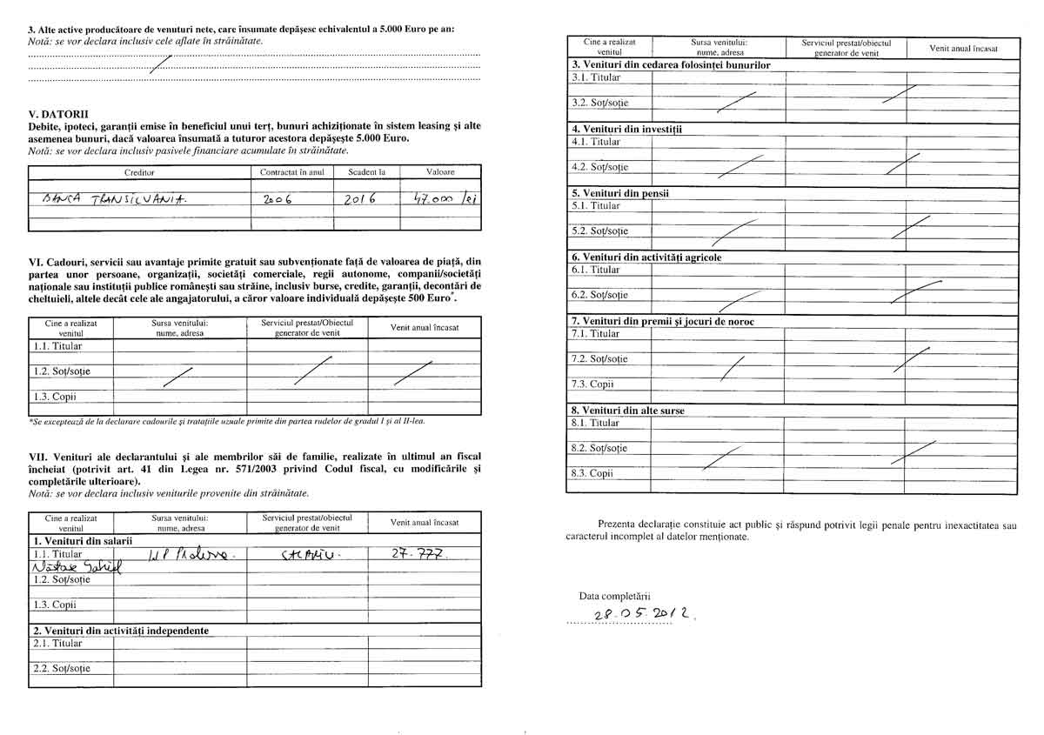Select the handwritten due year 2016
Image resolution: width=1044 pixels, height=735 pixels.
click(x=358, y=198)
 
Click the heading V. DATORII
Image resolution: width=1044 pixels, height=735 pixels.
click(x=58, y=114)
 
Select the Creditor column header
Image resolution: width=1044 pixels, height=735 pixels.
click(x=139, y=172)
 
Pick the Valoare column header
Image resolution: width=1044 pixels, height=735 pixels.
click(x=440, y=172)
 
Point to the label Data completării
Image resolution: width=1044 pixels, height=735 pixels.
click(x=615, y=596)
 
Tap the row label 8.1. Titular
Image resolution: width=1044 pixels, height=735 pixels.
click(x=596, y=423)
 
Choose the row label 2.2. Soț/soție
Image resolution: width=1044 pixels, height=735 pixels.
click(x=61, y=669)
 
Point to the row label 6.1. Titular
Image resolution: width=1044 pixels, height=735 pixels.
click(x=596, y=270)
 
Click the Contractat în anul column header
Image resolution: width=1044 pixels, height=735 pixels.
click(x=291, y=172)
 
